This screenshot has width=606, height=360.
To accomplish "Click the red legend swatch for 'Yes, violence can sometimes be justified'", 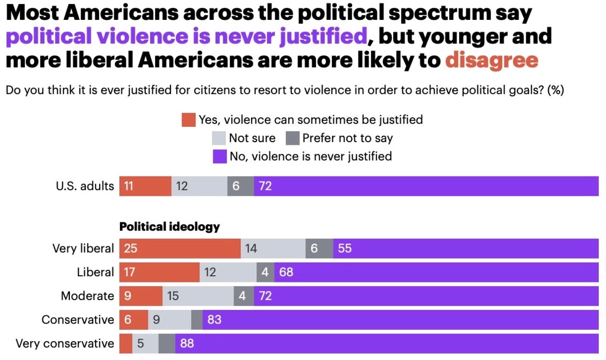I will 188,120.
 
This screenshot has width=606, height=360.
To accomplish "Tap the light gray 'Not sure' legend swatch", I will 219,138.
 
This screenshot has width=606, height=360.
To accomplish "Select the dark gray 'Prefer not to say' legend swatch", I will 293,138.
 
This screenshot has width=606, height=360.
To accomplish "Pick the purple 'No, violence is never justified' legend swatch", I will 220,157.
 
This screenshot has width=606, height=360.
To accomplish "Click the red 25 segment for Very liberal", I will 180,249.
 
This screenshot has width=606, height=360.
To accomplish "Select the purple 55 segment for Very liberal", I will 466,249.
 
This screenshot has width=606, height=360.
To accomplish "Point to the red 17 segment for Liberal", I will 159,272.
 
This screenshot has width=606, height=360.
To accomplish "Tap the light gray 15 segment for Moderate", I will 197,296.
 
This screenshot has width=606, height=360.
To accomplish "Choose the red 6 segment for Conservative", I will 133,320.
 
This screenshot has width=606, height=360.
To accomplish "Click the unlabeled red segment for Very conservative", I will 126,344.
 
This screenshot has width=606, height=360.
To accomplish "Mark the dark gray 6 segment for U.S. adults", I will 240,186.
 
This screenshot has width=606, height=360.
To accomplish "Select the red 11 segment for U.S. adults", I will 145,186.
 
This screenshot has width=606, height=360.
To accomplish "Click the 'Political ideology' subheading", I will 169,226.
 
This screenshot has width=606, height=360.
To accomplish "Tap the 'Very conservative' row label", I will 65,344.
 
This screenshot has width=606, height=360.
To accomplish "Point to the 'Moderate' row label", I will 87,296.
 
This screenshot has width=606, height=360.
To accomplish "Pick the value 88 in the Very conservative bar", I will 187,344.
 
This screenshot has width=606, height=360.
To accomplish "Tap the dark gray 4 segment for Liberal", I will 265,272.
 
